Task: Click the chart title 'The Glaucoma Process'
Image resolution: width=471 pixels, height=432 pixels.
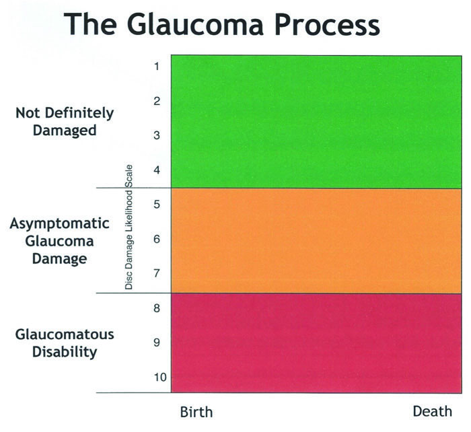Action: click(221, 24)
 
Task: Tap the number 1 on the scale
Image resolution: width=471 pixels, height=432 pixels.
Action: click(157, 66)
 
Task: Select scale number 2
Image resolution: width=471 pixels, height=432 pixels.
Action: click(157, 101)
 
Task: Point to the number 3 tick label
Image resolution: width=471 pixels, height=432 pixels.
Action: click(157, 135)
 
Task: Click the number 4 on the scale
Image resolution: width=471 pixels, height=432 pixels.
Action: click(157, 170)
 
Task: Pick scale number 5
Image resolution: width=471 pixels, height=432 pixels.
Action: click(157, 205)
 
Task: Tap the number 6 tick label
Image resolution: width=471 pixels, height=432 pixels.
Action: click(157, 239)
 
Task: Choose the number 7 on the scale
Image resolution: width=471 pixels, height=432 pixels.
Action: click(157, 273)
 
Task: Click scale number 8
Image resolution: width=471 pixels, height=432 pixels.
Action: click(157, 308)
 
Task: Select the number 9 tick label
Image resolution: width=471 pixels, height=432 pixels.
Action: click(157, 343)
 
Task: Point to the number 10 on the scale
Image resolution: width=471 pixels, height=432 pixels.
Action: click(160, 377)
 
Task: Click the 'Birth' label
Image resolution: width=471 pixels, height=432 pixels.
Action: click(196, 412)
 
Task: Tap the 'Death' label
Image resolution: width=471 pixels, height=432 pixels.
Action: click(432, 411)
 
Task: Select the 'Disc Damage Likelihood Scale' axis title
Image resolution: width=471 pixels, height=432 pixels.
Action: click(129, 227)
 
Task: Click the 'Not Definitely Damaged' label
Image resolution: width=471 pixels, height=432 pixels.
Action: click(65, 122)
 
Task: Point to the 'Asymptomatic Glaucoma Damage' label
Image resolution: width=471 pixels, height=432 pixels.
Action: click(59, 242)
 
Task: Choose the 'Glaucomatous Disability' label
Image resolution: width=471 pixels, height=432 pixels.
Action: click(65, 343)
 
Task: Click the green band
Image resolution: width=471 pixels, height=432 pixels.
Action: click(316, 122)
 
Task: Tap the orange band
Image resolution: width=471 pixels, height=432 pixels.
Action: click(316, 241)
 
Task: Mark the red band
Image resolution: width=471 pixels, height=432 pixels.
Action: click(316, 343)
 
